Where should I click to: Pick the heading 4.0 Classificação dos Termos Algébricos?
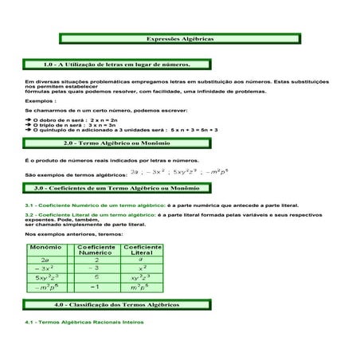pyautogui.click(x=135, y=304)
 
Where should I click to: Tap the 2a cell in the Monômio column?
pyautogui.click(x=45, y=260)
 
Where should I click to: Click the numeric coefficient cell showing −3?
pyautogui.click(x=96, y=268)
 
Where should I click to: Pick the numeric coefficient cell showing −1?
pyautogui.click(x=96, y=287)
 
